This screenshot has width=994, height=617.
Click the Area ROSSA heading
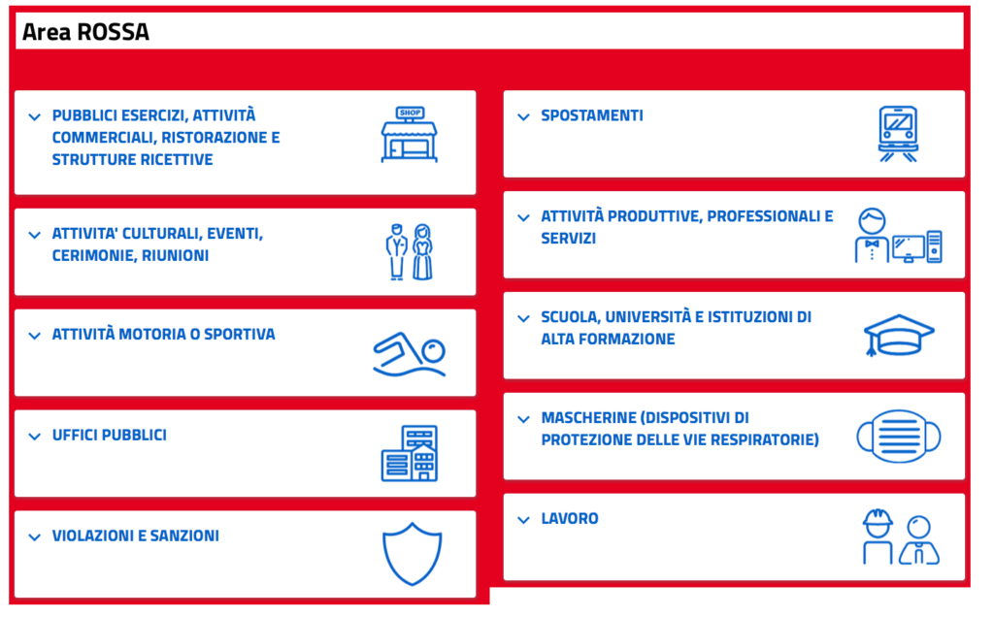(x=85, y=32)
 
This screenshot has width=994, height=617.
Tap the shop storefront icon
(x=409, y=134)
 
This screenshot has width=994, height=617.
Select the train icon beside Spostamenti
(x=898, y=134)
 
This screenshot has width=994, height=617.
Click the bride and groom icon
(x=410, y=251)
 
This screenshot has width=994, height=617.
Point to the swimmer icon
(x=410, y=354)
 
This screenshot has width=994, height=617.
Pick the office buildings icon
(x=410, y=454)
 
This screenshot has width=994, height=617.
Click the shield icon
(x=412, y=554)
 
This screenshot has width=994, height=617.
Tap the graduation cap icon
(x=899, y=335)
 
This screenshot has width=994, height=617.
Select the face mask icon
(x=899, y=436)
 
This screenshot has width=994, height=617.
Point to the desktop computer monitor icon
(x=909, y=248)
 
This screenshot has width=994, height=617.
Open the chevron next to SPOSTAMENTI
(x=523, y=116)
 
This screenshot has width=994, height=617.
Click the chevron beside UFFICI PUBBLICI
(x=35, y=437)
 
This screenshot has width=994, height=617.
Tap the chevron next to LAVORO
(x=523, y=520)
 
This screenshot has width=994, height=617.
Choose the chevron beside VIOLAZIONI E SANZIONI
(x=35, y=537)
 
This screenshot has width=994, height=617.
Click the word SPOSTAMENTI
(x=592, y=115)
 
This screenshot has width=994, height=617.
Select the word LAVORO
(x=570, y=518)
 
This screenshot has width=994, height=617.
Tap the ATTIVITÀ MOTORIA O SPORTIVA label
(x=163, y=334)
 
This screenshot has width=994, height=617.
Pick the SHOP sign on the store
(x=411, y=113)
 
